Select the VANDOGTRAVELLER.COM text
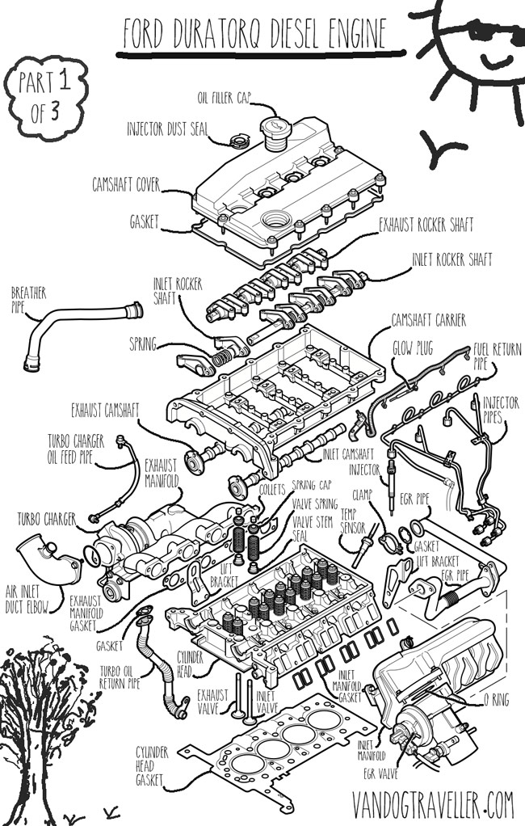[433, 805]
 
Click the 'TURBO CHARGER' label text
[47, 517]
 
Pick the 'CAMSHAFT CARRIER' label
[428, 321]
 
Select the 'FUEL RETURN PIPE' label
[495, 356]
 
